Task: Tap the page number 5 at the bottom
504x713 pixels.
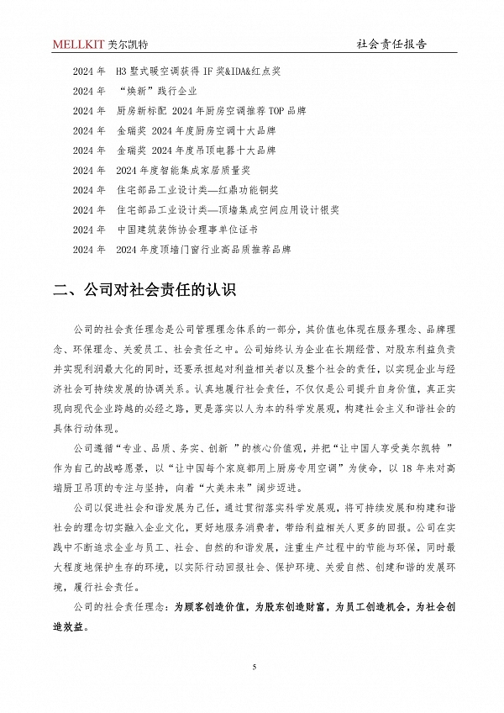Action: coord(253,667)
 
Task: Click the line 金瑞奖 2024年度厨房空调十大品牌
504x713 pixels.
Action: coord(197,131)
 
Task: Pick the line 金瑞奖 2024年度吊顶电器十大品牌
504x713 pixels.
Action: coord(197,151)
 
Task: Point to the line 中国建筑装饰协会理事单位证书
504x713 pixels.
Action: coord(186,230)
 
